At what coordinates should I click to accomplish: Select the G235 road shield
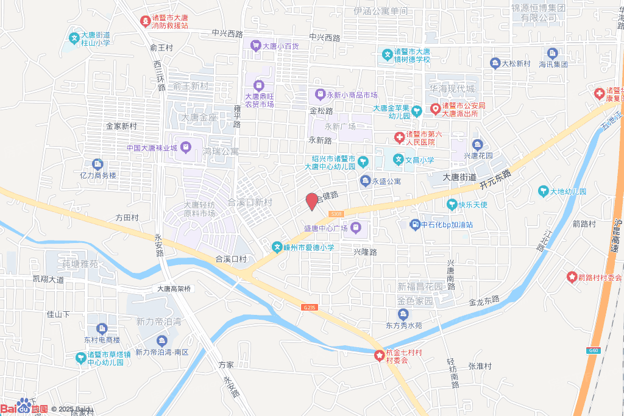click(x=310, y=308)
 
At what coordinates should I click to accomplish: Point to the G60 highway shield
click(x=594, y=350)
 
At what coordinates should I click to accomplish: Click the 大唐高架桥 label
click(x=174, y=289)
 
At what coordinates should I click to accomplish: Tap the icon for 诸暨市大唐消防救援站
click(x=146, y=21)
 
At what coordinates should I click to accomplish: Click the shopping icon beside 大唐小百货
click(x=256, y=46)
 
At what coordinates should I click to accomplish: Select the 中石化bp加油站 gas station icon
click(x=415, y=225)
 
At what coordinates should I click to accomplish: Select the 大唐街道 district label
click(x=459, y=177)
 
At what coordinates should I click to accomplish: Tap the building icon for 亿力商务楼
click(x=97, y=164)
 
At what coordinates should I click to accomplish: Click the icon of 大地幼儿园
click(x=542, y=192)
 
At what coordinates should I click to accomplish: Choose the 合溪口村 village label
click(x=231, y=259)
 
